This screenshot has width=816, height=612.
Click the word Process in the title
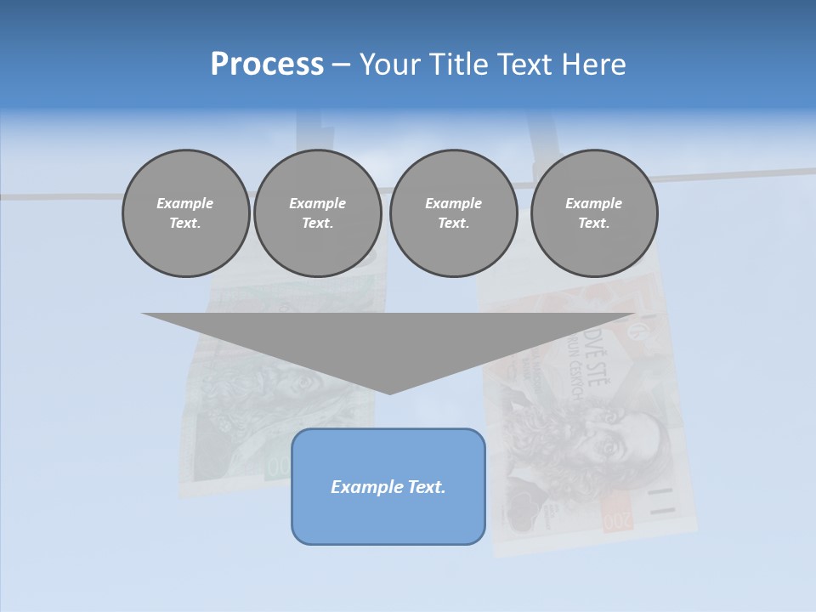coord(267,65)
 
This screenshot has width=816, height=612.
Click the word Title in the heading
coord(458,65)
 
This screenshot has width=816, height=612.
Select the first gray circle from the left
coord(185,213)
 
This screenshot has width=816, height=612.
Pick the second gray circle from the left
coord(317,213)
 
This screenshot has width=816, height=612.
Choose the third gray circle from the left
coord(453,213)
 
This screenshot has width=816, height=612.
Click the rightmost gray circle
coord(593,213)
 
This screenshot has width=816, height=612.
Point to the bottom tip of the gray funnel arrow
coord(389,392)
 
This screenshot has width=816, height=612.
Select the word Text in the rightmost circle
coord(593,224)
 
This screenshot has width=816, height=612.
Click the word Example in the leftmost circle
coord(185,203)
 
